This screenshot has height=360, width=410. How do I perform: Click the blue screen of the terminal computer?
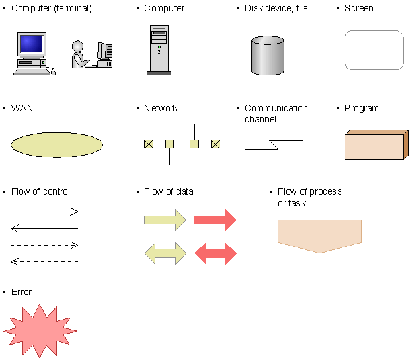(31, 44)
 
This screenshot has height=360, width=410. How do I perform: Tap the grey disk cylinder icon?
(268, 56)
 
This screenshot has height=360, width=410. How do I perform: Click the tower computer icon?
(159, 50)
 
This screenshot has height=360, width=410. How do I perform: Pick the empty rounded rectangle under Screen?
(374, 50)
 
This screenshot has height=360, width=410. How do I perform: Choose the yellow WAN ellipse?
(57, 145)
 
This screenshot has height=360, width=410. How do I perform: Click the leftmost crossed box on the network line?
(149, 144)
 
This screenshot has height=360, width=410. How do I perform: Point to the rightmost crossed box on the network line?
(216, 144)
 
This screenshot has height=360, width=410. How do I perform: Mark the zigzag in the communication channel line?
(274, 145)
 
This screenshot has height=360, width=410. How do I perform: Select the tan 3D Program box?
(376, 145)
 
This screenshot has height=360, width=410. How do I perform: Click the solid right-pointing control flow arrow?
(44, 212)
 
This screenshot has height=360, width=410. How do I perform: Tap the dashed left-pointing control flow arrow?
(44, 261)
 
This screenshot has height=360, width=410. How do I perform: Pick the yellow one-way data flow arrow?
(165, 220)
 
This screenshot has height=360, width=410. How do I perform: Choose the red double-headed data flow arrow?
(216, 253)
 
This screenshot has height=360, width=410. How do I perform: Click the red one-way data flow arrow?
(216, 220)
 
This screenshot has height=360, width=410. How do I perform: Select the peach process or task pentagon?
(319, 236)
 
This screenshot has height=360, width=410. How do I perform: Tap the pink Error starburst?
(40, 331)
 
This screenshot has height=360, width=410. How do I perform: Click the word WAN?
(22, 108)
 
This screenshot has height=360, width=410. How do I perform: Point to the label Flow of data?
(169, 191)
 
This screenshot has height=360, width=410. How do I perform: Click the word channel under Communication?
(261, 119)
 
